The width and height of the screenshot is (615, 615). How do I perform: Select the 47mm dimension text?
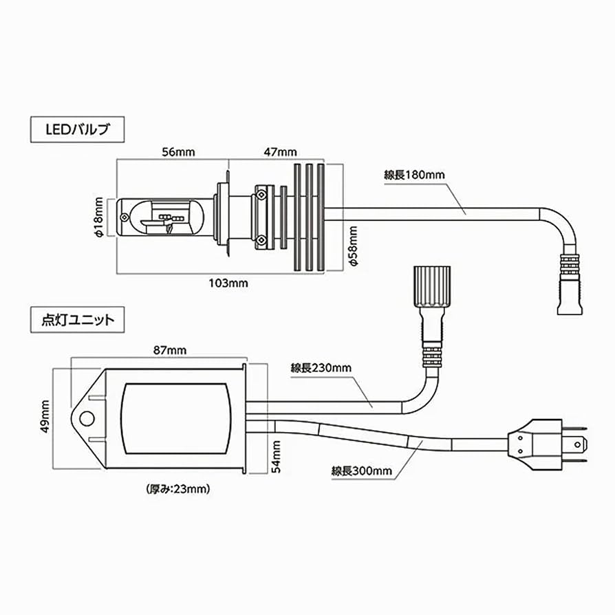(281, 153)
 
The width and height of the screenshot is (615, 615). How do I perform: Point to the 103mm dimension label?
(228, 283)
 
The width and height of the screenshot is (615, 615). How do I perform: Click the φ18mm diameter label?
(99, 217)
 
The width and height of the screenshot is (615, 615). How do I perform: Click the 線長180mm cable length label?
(414, 175)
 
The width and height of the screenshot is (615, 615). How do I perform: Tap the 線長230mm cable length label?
(321, 368)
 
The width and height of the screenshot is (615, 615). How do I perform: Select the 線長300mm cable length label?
(361, 471)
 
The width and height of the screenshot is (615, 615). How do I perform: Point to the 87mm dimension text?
(169, 350)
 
